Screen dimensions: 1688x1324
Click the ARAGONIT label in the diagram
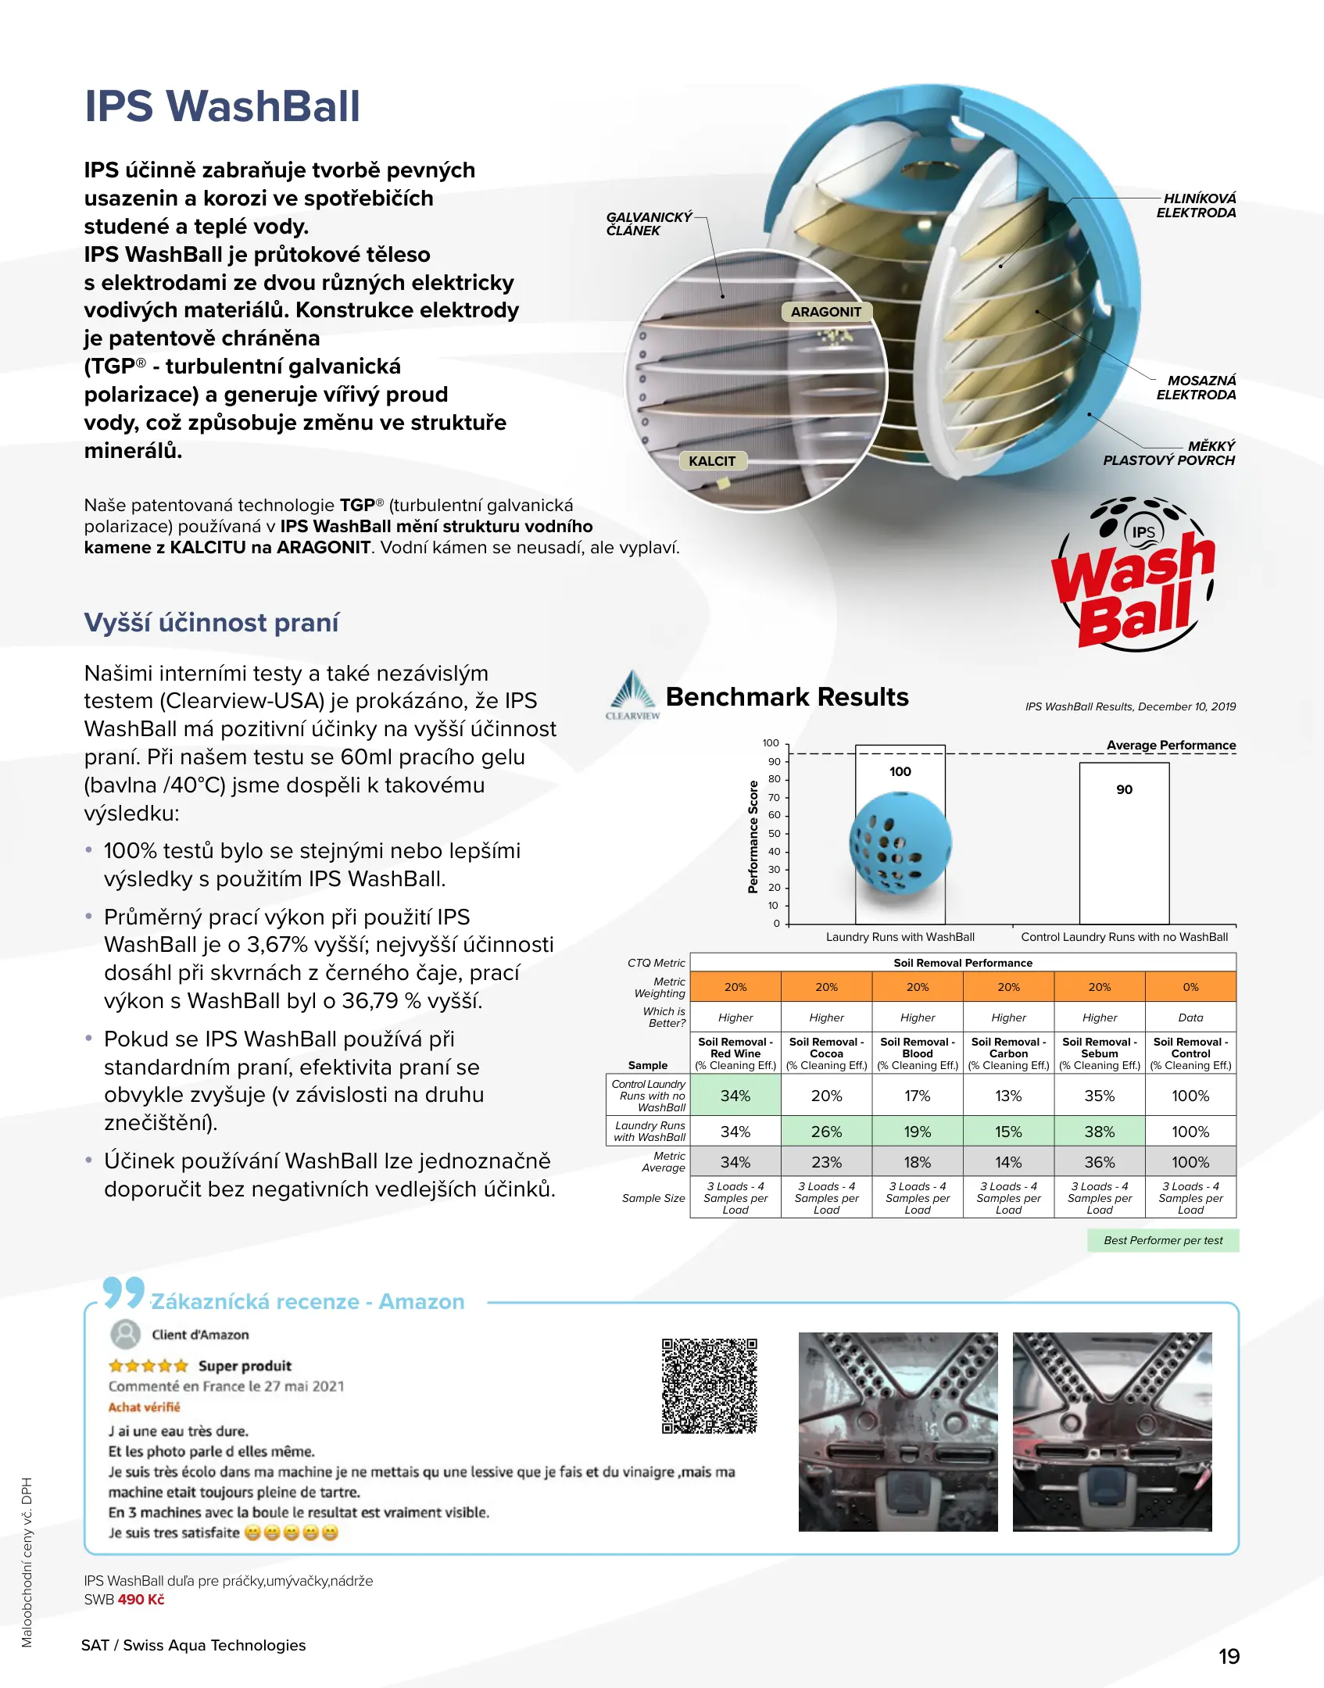click(x=825, y=312)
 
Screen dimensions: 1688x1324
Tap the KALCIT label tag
click(x=712, y=461)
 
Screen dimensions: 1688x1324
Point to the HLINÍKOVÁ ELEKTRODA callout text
click(x=1196, y=206)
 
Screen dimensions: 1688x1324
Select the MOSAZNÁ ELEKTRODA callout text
click(x=1196, y=388)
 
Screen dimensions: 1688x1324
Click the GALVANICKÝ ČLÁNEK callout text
click(x=649, y=224)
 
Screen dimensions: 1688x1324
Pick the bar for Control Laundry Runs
click(x=1124, y=843)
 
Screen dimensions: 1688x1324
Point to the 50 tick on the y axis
click(x=774, y=833)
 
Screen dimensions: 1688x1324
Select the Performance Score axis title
click(x=753, y=836)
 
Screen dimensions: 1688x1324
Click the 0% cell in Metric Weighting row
click(x=1190, y=987)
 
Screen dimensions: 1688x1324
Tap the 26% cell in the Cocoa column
click(x=826, y=1132)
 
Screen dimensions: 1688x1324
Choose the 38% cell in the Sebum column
click(x=1099, y=1132)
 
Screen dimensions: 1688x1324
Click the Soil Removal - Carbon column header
click(x=1008, y=1053)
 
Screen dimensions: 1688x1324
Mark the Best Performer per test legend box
click(x=1162, y=1240)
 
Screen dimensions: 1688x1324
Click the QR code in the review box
click(x=710, y=1386)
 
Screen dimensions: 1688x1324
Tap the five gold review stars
click(x=149, y=1366)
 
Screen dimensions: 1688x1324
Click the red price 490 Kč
click(x=141, y=1600)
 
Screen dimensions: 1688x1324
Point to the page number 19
click(x=1229, y=1657)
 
